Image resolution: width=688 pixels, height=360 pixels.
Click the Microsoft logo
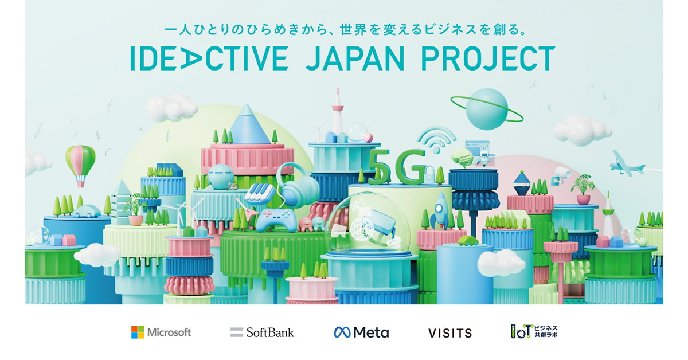pos(161,332)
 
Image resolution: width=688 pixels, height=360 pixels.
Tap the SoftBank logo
pos(262,332)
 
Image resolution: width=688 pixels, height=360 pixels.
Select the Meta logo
pos(361,332)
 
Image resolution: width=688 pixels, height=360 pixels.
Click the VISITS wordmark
pos(450,333)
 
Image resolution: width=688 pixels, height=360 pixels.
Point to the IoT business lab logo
pos(534,332)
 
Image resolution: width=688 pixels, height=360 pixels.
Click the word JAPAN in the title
pos(355,58)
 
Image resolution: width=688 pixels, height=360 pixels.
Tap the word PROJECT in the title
pos(488,58)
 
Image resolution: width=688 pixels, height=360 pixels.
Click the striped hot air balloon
pos(80,166)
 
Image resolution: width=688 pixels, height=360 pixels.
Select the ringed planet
pos(487,109)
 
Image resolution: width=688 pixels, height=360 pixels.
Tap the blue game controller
pos(276,220)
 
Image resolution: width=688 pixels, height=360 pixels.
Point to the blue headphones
pos(298,185)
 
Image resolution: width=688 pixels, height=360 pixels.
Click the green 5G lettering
pos(396,166)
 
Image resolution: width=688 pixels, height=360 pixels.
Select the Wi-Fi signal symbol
pos(436,140)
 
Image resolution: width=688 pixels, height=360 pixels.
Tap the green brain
pos(462,158)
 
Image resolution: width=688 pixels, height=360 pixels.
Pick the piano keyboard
pos(260,194)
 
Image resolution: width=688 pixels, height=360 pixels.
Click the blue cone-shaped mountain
pos(248,125)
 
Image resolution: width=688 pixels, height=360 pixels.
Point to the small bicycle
pos(232,186)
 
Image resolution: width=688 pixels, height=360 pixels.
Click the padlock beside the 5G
pos(430,175)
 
